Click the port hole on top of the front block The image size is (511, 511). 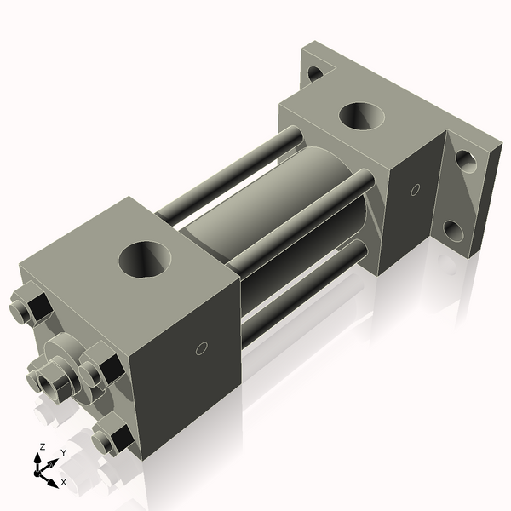146,259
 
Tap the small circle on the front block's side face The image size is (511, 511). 202,347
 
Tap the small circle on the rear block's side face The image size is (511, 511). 415,190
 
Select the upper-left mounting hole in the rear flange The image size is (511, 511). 315,73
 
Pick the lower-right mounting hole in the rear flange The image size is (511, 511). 455,231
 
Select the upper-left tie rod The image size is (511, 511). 230,170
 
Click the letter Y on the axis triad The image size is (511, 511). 63,453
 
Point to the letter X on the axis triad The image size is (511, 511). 63,482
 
